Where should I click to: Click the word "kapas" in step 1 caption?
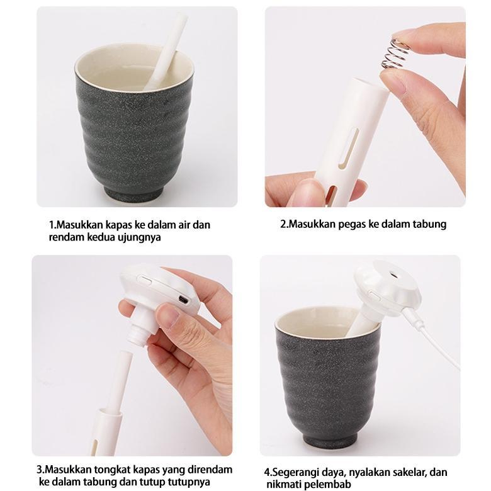tap(122, 224)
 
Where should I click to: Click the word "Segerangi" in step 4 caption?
tap(295, 471)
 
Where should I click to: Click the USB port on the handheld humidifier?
tap(183, 299)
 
